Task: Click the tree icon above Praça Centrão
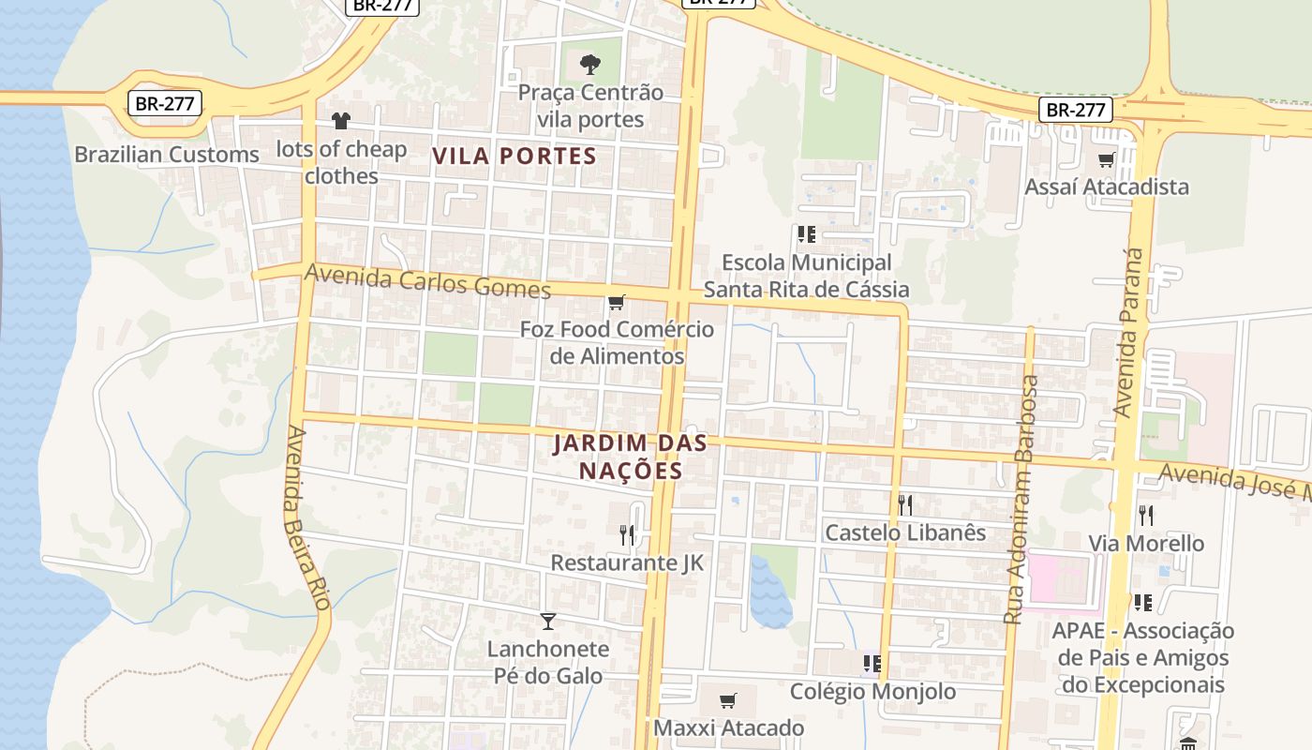tap(589, 65)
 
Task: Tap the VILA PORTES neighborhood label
tap(514, 156)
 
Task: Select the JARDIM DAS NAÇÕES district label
tap(630, 457)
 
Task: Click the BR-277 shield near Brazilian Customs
tap(165, 103)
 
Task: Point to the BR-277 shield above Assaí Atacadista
tap(1075, 110)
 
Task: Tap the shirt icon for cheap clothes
tap(340, 121)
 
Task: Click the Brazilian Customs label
tap(167, 155)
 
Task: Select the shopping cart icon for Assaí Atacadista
tap(1106, 159)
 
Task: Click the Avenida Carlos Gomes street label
tap(428, 281)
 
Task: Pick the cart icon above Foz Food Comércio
tap(616, 302)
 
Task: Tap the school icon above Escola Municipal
tap(806, 234)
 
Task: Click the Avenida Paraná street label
tap(1131, 332)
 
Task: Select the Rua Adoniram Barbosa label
tap(1021, 500)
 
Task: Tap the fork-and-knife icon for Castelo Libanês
tap(904, 504)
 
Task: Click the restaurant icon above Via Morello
tap(1145, 515)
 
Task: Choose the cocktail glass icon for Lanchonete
tap(547, 621)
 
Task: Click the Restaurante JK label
tap(626, 562)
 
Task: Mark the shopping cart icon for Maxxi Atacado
tap(727, 700)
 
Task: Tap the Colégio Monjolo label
tap(872, 692)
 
